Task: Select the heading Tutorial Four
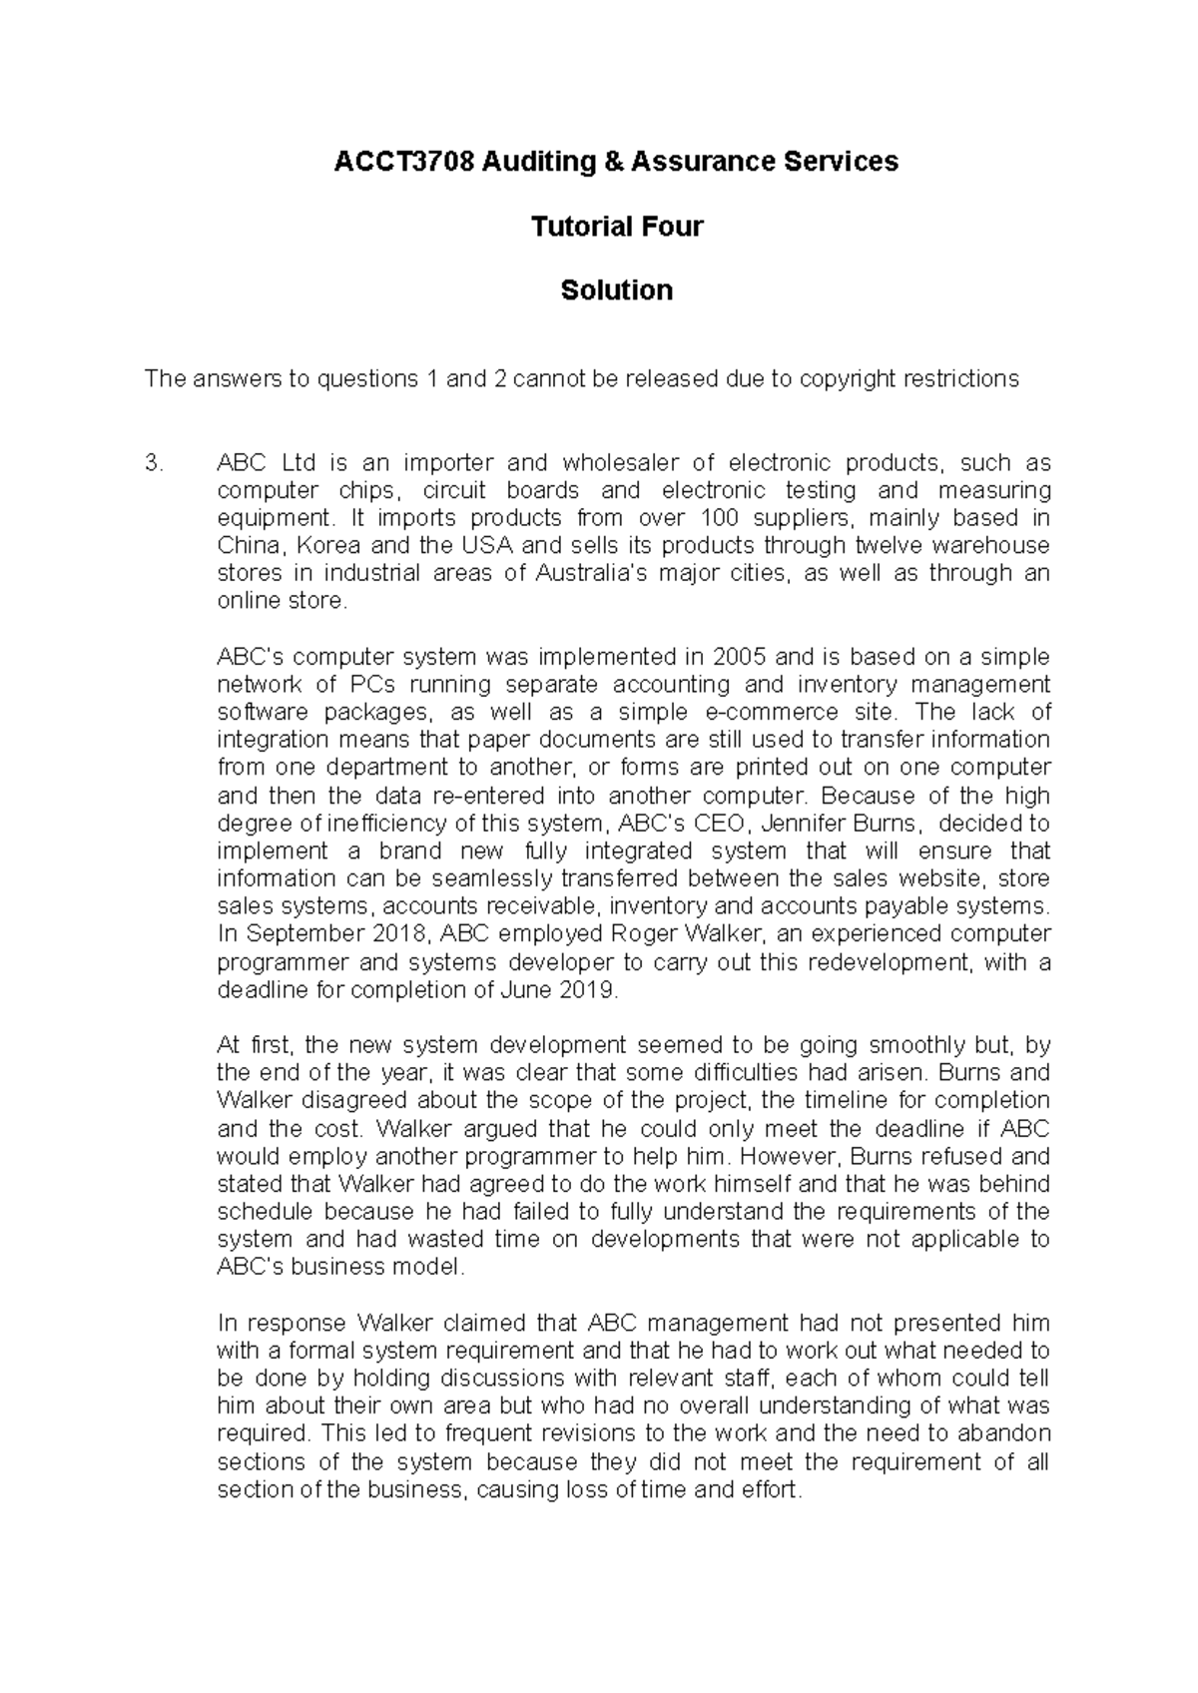click(616, 227)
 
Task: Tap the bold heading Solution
click(616, 290)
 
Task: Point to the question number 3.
click(152, 463)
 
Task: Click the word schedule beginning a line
click(265, 1212)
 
